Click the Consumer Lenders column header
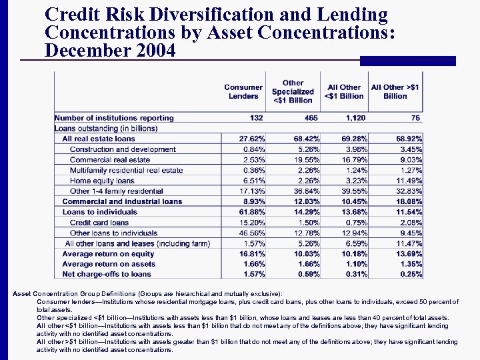243,92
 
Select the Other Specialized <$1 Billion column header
293,92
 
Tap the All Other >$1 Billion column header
395,92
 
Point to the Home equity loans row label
102,181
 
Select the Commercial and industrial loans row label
122,201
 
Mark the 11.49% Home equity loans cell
409,181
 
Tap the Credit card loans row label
99,223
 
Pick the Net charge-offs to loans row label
107,274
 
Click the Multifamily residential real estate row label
126,171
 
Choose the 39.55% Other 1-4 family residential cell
351,191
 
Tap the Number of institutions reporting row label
114,118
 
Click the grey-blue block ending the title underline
412,61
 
